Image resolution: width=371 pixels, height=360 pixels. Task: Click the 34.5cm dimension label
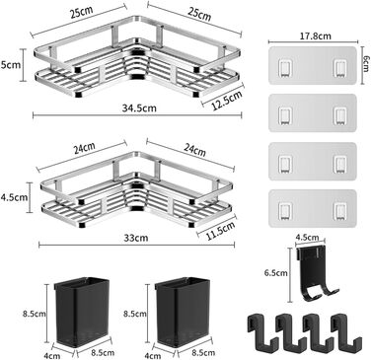tap(139, 108)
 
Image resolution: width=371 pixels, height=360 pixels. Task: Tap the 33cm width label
tap(136, 238)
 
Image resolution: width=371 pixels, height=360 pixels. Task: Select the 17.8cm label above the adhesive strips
tap(315, 36)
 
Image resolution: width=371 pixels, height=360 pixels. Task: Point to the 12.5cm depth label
tap(227, 101)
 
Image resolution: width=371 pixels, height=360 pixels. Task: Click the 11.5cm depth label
tap(221, 231)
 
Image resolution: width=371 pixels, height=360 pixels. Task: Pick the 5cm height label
tap(11, 65)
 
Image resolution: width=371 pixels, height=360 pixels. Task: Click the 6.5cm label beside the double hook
tap(276, 272)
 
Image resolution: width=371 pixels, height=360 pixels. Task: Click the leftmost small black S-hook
tap(258, 331)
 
